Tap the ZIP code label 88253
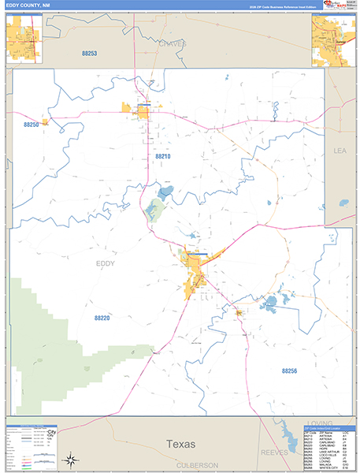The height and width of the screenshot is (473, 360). (89, 53)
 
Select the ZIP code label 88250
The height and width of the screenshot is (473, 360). (32, 125)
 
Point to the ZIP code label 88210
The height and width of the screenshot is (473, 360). (162, 157)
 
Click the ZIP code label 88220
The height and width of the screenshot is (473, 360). (102, 318)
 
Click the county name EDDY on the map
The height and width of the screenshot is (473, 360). (105, 264)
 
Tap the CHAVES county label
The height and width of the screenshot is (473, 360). (172, 44)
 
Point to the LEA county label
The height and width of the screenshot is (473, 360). (340, 150)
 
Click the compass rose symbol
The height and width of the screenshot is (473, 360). (69, 460)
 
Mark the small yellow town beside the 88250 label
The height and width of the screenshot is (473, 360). (45, 122)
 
